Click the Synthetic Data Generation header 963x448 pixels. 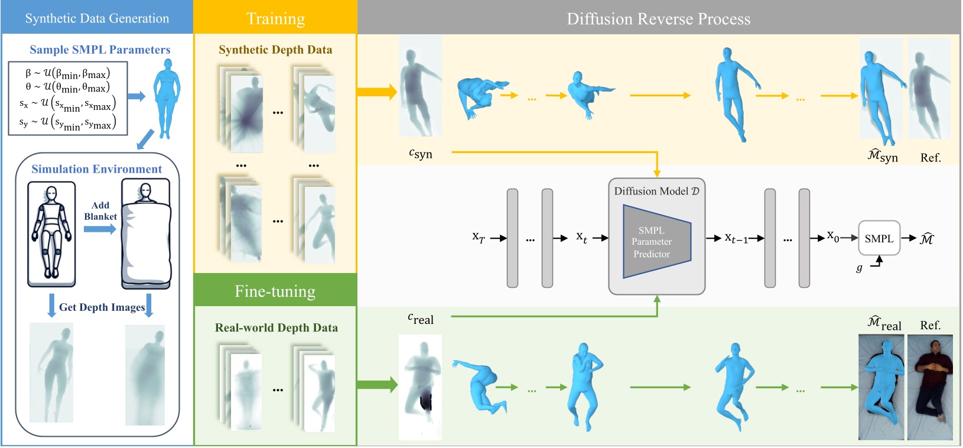[x=97, y=18]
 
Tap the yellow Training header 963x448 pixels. [x=275, y=18]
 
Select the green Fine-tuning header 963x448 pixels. [x=275, y=291]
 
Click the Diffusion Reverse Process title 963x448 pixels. [x=658, y=19]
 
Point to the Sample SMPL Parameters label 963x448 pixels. [x=100, y=50]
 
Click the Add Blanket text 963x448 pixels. [x=100, y=210]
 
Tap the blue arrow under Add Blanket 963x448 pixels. [x=99, y=229]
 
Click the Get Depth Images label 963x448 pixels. [x=102, y=307]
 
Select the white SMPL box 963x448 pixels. [x=879, y=238]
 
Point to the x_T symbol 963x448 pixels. [x=478, y=237]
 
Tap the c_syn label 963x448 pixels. [x=421, y=154]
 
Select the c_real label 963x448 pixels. [x=421, y=319]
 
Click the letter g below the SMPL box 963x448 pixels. [x=859, y=268]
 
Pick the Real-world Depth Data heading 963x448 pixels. [x=276, y=328]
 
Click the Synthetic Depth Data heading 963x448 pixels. [x=275, y=50]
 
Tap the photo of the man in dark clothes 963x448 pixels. [x=930, y=387]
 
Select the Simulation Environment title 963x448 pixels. [x=96, y=169]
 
